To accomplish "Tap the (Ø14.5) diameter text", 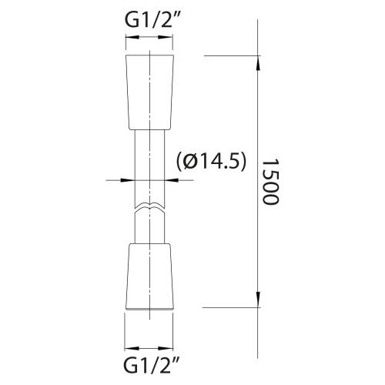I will coord(211,160).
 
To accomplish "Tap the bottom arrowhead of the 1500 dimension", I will coord(256,303).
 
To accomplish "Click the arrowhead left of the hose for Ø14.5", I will coord(129,181).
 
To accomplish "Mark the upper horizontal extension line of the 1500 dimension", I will coord(231,55).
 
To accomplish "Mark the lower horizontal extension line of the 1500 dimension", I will coord(231,308).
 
